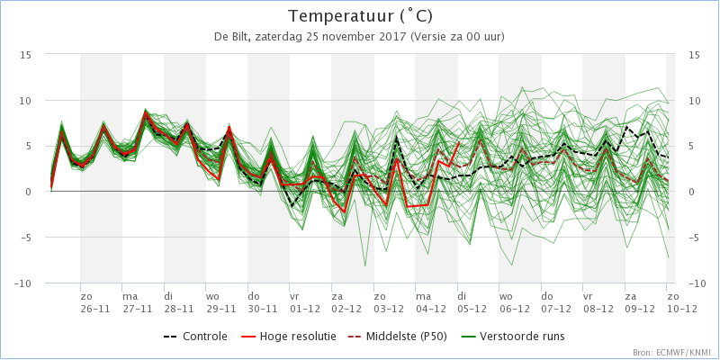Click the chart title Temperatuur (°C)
[361, 16]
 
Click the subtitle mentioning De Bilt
[359, 37]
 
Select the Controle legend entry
[195, 337]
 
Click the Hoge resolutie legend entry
[288, 337]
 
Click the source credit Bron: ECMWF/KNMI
[673, 353]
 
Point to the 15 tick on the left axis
[26, 55]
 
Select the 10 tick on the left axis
[26, 101]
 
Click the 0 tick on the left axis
[29, 192]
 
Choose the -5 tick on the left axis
[26, 238]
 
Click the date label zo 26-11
[95, 302]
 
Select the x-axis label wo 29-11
[220, 302]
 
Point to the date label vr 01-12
[304, 302]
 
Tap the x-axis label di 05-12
[472, 302]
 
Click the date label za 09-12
[640, 302]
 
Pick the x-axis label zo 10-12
[681, 302]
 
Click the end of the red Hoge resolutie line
[459, 142]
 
